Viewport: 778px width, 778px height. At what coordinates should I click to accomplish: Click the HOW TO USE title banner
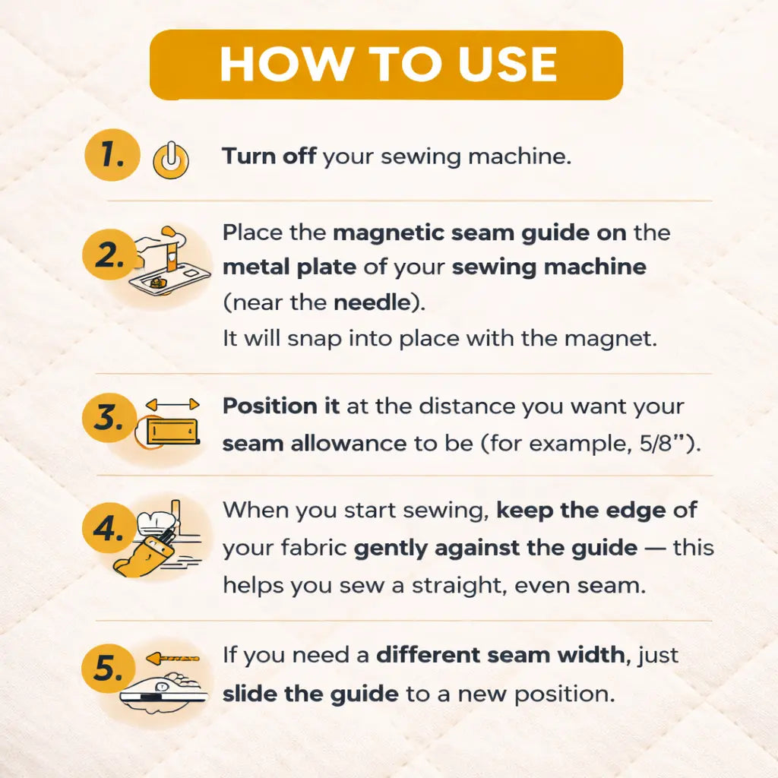[x=387, y=65]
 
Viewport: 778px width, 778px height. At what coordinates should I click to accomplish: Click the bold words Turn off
[x=269, y=157]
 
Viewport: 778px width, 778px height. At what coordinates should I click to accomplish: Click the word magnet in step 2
[x=614, y=338]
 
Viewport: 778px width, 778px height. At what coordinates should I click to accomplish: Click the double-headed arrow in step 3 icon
[x=172, y=405]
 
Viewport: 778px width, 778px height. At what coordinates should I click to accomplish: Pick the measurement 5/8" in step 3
[x=672, y=443]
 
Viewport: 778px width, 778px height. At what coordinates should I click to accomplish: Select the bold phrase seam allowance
[x=315, y=443]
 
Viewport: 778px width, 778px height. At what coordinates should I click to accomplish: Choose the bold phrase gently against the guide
[x=495, y=547]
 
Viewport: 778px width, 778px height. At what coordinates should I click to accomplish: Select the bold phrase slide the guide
[x=310, y=693]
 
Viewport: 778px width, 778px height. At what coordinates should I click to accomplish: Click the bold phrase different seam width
[x=504, y=654]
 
